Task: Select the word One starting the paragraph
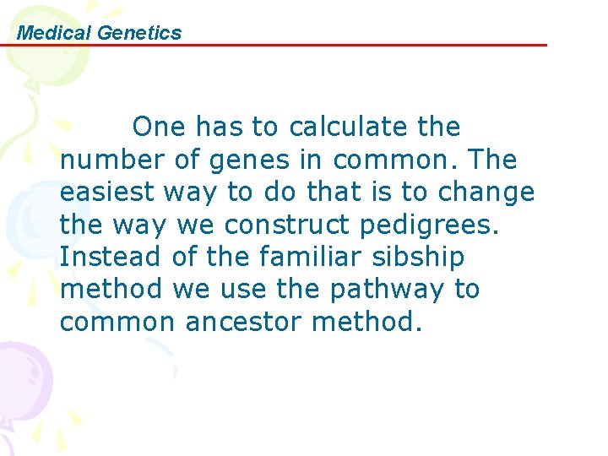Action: point(160,128)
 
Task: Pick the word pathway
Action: point(388,289)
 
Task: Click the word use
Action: point(242,289)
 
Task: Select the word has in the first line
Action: point(221,128)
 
